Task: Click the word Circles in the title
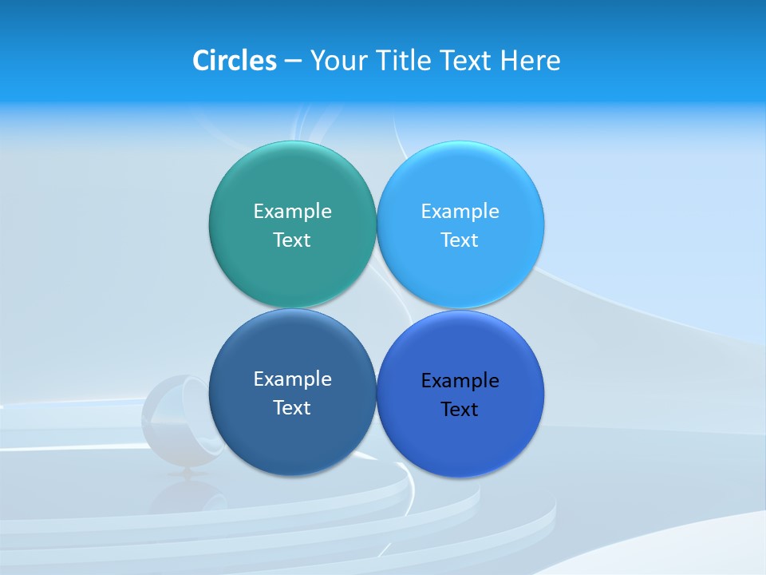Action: tap(234, 61)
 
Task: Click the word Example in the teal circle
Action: tap(292, 212)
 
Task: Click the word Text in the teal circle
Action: tap(292, 240)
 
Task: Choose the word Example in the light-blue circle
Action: tap(460, 212)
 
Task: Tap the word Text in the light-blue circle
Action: tap(460, 240)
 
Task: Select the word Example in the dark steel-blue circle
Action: tap(292, 379)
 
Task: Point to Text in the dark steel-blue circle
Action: tap(292, 408)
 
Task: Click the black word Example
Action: tap(460, 381)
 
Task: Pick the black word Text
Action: tap(460, 410)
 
